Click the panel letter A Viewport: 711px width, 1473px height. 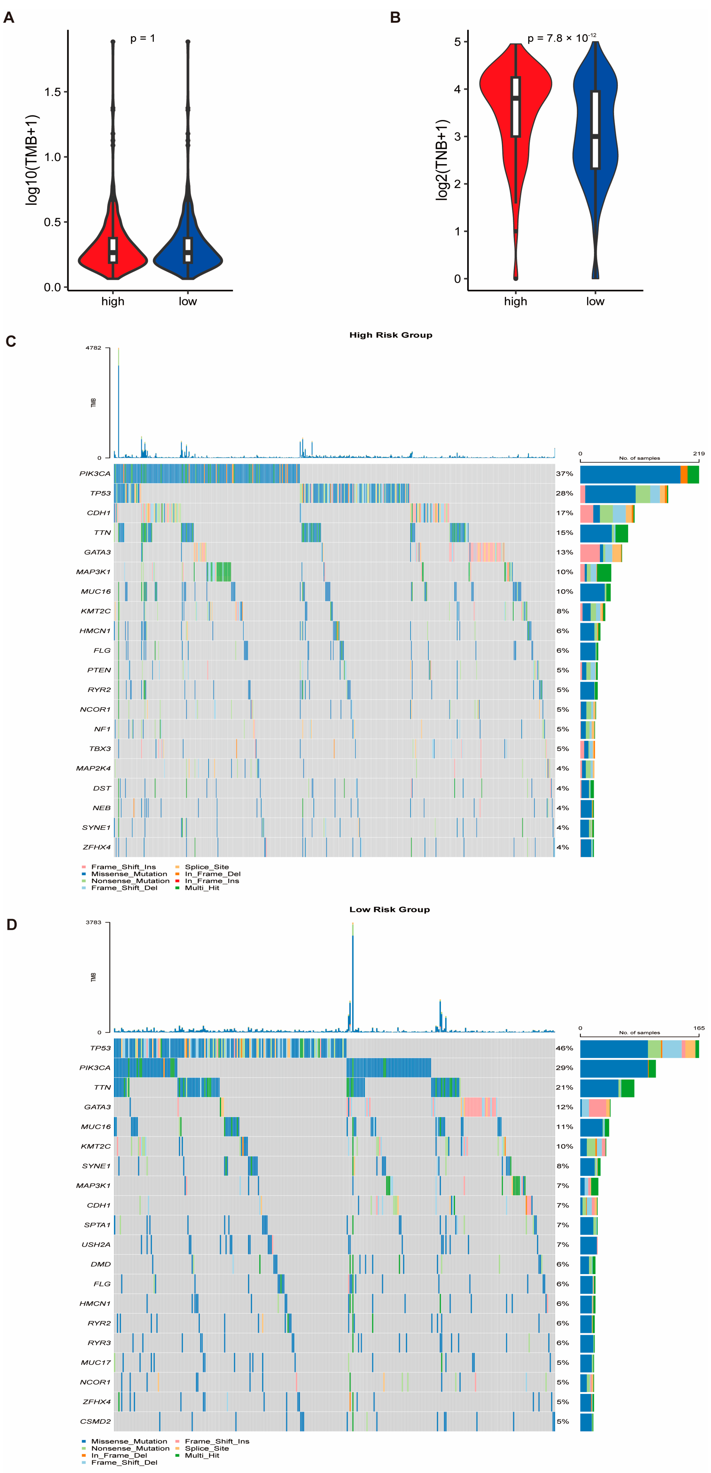[8, 18]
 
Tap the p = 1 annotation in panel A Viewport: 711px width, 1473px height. [142, 38]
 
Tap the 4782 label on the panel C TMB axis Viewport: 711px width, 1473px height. [93, 348]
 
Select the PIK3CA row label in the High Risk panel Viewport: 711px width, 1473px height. [95, 474]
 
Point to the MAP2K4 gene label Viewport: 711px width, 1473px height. [93, 768]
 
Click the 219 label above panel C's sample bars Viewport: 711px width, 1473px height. [698, 453]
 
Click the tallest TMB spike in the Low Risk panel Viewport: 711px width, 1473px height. [353, 972]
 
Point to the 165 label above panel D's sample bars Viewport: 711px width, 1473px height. [698, 1028]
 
